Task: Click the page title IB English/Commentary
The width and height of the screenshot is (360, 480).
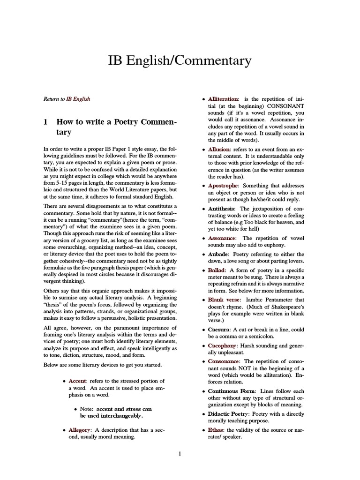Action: pos(180,60)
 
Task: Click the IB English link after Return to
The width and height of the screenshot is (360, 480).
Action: pos(78,99)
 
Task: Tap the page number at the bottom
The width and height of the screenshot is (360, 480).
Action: pos(180,453)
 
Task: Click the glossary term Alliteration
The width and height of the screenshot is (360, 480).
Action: pos(223,99)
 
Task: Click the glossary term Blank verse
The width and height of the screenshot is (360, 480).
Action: pos(225,300)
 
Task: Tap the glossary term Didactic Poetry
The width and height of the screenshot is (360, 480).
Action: pos(229,414)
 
